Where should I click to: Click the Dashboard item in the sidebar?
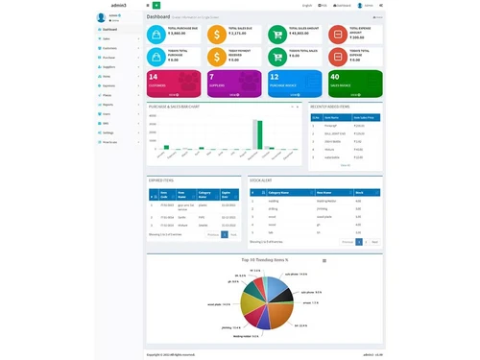tap(110, 30)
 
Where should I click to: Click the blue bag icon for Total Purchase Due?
tap(156, 35)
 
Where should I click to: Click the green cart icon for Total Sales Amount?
tap(276, 35)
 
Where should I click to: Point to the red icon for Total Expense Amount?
tap(337, 35)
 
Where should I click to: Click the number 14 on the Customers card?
tap(153, 76)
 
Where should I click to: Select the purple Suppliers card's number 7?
tap(211, 76)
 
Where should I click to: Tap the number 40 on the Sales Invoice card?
tap(333, 76)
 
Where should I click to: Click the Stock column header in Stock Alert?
tap(359, 192)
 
